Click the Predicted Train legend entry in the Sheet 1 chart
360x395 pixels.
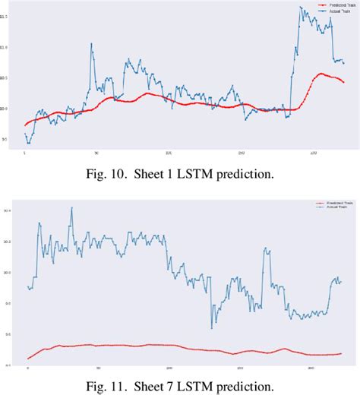(322, 6)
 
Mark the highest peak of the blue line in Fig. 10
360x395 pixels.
(302, 7)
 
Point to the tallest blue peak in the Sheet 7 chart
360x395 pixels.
(72, 207)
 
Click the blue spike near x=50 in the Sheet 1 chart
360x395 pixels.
(91, 43)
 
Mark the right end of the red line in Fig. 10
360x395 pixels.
(343, 82)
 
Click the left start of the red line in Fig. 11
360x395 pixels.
(27, 359)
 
